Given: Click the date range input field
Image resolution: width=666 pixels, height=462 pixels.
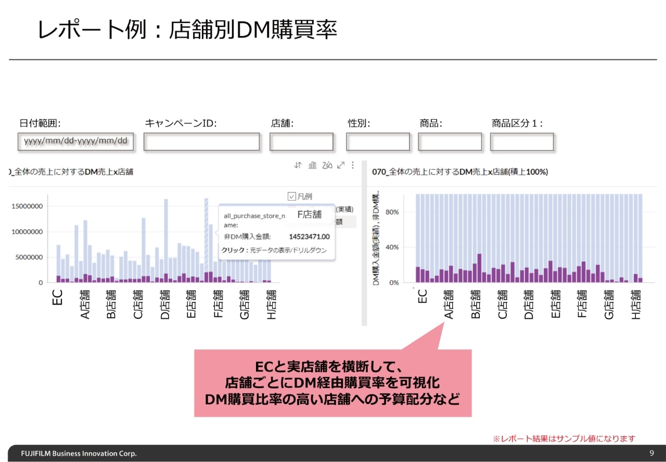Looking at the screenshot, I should point(75,141).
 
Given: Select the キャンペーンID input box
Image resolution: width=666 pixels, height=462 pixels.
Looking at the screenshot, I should point(201,142).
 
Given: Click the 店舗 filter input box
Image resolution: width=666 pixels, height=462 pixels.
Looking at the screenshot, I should point(301,142).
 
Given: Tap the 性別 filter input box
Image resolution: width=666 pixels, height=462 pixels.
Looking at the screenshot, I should point(378,142).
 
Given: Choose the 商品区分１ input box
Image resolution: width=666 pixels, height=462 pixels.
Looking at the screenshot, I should point(521,142).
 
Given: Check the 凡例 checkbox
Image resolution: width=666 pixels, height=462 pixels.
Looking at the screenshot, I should point(292,196).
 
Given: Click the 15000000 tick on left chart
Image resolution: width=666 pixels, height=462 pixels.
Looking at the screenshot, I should point(27,206).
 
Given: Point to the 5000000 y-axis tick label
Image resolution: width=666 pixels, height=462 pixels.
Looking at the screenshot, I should point(29,257).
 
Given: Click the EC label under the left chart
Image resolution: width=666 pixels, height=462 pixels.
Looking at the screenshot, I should point(58,297).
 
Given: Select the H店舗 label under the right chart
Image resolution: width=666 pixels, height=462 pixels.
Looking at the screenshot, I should point(636,304).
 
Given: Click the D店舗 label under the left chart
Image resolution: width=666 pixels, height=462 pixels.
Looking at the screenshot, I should point(165,304).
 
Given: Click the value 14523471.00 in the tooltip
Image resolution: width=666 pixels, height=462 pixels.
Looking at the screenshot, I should point(309,236).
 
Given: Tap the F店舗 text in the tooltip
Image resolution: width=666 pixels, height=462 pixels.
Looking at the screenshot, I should point(309,214).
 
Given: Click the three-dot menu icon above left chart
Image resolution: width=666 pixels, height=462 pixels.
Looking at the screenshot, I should point(352,165).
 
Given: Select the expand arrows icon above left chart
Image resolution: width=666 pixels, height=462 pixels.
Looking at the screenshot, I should point(341,165).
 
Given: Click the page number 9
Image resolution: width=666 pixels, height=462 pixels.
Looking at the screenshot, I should point(652,453).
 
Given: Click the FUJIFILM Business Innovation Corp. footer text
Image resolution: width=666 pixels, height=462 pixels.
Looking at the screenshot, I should point(79,453).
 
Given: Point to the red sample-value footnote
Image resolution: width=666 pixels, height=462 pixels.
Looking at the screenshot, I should point(564,439).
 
